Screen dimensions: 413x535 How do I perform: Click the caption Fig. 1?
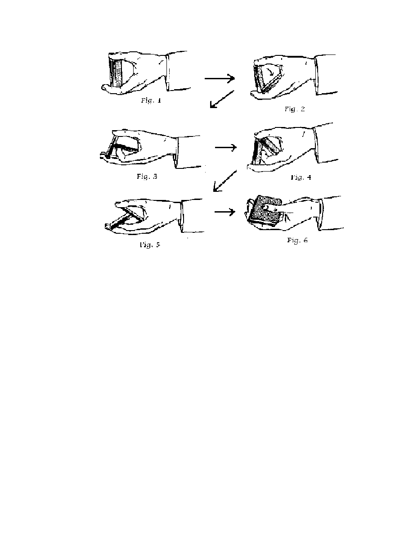[151, 101]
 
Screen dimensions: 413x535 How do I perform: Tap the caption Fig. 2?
[295, 109]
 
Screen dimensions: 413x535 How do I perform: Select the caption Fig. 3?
[147, 177]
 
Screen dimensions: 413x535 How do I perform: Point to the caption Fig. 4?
[301, 177]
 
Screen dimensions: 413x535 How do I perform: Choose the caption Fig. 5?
[150, 245]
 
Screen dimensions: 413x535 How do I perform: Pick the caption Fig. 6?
[297, 240]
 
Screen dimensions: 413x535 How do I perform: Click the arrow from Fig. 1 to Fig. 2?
[220, 78]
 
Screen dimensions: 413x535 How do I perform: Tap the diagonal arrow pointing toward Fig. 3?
[222, 99]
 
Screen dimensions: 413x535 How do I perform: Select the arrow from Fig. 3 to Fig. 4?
[225, 147]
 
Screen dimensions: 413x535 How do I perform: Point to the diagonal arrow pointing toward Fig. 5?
[224, 181]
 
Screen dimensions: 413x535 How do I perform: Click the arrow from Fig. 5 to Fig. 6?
[225, 212]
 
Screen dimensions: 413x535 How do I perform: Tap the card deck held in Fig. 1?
[116, 73]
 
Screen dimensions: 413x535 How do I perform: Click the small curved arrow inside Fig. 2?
[270, 71]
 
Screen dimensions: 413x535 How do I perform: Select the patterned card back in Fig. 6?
[264, 209]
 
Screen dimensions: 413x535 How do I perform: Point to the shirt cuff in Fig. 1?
[168, 71]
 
